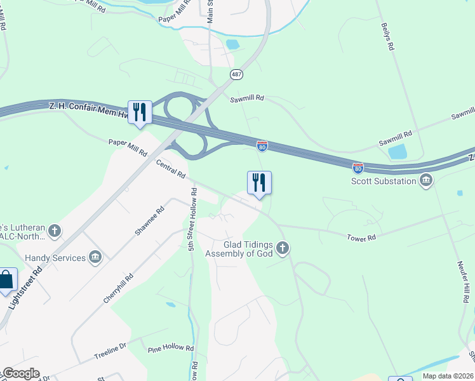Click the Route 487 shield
point(235,74)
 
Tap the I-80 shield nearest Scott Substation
point(358,168)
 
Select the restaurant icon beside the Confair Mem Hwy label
point(140,112)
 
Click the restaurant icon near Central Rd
point(259,183)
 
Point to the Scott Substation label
point(384,181)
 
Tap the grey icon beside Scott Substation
point(426,181)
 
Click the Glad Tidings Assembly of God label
point(239,248)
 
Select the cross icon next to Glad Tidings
point(283,248)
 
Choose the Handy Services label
point(55,258)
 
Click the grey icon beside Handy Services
point(95,257)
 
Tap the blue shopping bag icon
point(6,279)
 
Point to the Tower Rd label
point(361,237)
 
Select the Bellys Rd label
point(388,37)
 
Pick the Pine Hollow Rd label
point(170,348)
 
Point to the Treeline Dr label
point(110,352)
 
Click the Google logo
point(22,373)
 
